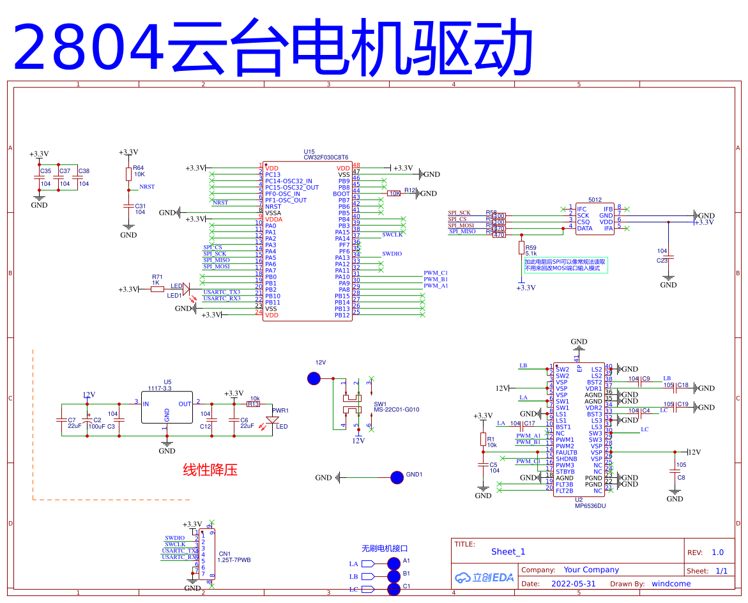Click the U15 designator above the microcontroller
(x=309, y=151)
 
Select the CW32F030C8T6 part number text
(x=326, y=157)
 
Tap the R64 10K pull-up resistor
(x=128, y=174)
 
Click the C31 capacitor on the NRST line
(x=128, y=206)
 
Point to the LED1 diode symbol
(x=187, y=289)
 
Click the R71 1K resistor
(x=157, y=289)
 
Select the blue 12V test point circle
(x=314, y=379)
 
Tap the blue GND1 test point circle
(x=397, y=477)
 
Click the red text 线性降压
(x=210, y=470)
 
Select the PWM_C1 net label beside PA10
(x=436, y=273)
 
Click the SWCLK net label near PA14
(x=392, y=235)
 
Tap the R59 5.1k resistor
(x=521, y=248)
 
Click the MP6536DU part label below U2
(x=590, y=506)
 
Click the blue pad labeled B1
(x=393, y=576)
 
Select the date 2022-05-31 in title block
(x=573, y=583)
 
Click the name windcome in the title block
(x=671, y=583)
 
